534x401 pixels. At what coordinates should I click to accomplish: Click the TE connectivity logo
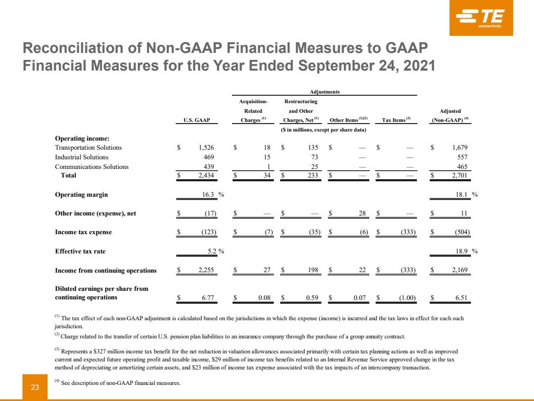pos(481,18)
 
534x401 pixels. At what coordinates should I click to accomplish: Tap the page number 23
pos(35,387)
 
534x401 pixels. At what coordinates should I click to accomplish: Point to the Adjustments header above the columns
pos(325,91)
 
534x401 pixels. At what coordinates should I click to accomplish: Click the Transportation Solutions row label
pos(88,148)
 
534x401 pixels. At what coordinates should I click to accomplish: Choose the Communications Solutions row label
pos(91,167)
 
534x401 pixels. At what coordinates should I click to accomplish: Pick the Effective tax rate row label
pos(82,251)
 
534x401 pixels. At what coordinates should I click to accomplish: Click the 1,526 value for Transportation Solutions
pos(206,148)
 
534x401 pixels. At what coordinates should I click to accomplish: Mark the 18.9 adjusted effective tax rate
pos(460,251)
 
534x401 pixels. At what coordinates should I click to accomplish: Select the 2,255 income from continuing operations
pos(206,271)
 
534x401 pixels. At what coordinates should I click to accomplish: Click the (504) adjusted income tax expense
pos(460,233)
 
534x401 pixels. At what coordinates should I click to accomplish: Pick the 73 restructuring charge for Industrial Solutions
pos(315,157)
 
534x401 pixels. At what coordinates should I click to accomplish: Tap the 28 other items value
pos(362,213)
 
